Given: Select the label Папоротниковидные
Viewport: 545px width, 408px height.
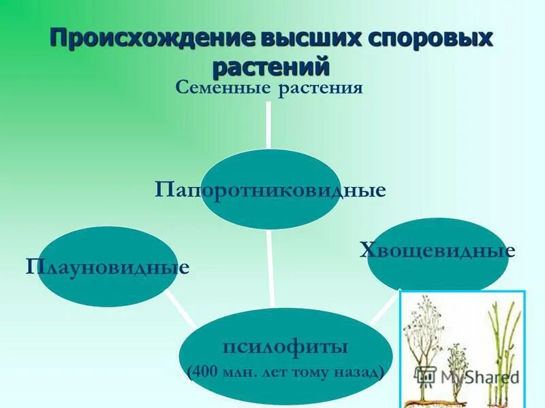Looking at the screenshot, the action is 270,190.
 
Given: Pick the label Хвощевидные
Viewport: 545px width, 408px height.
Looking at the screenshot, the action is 437,251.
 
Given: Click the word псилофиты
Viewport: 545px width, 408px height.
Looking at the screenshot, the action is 285,347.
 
